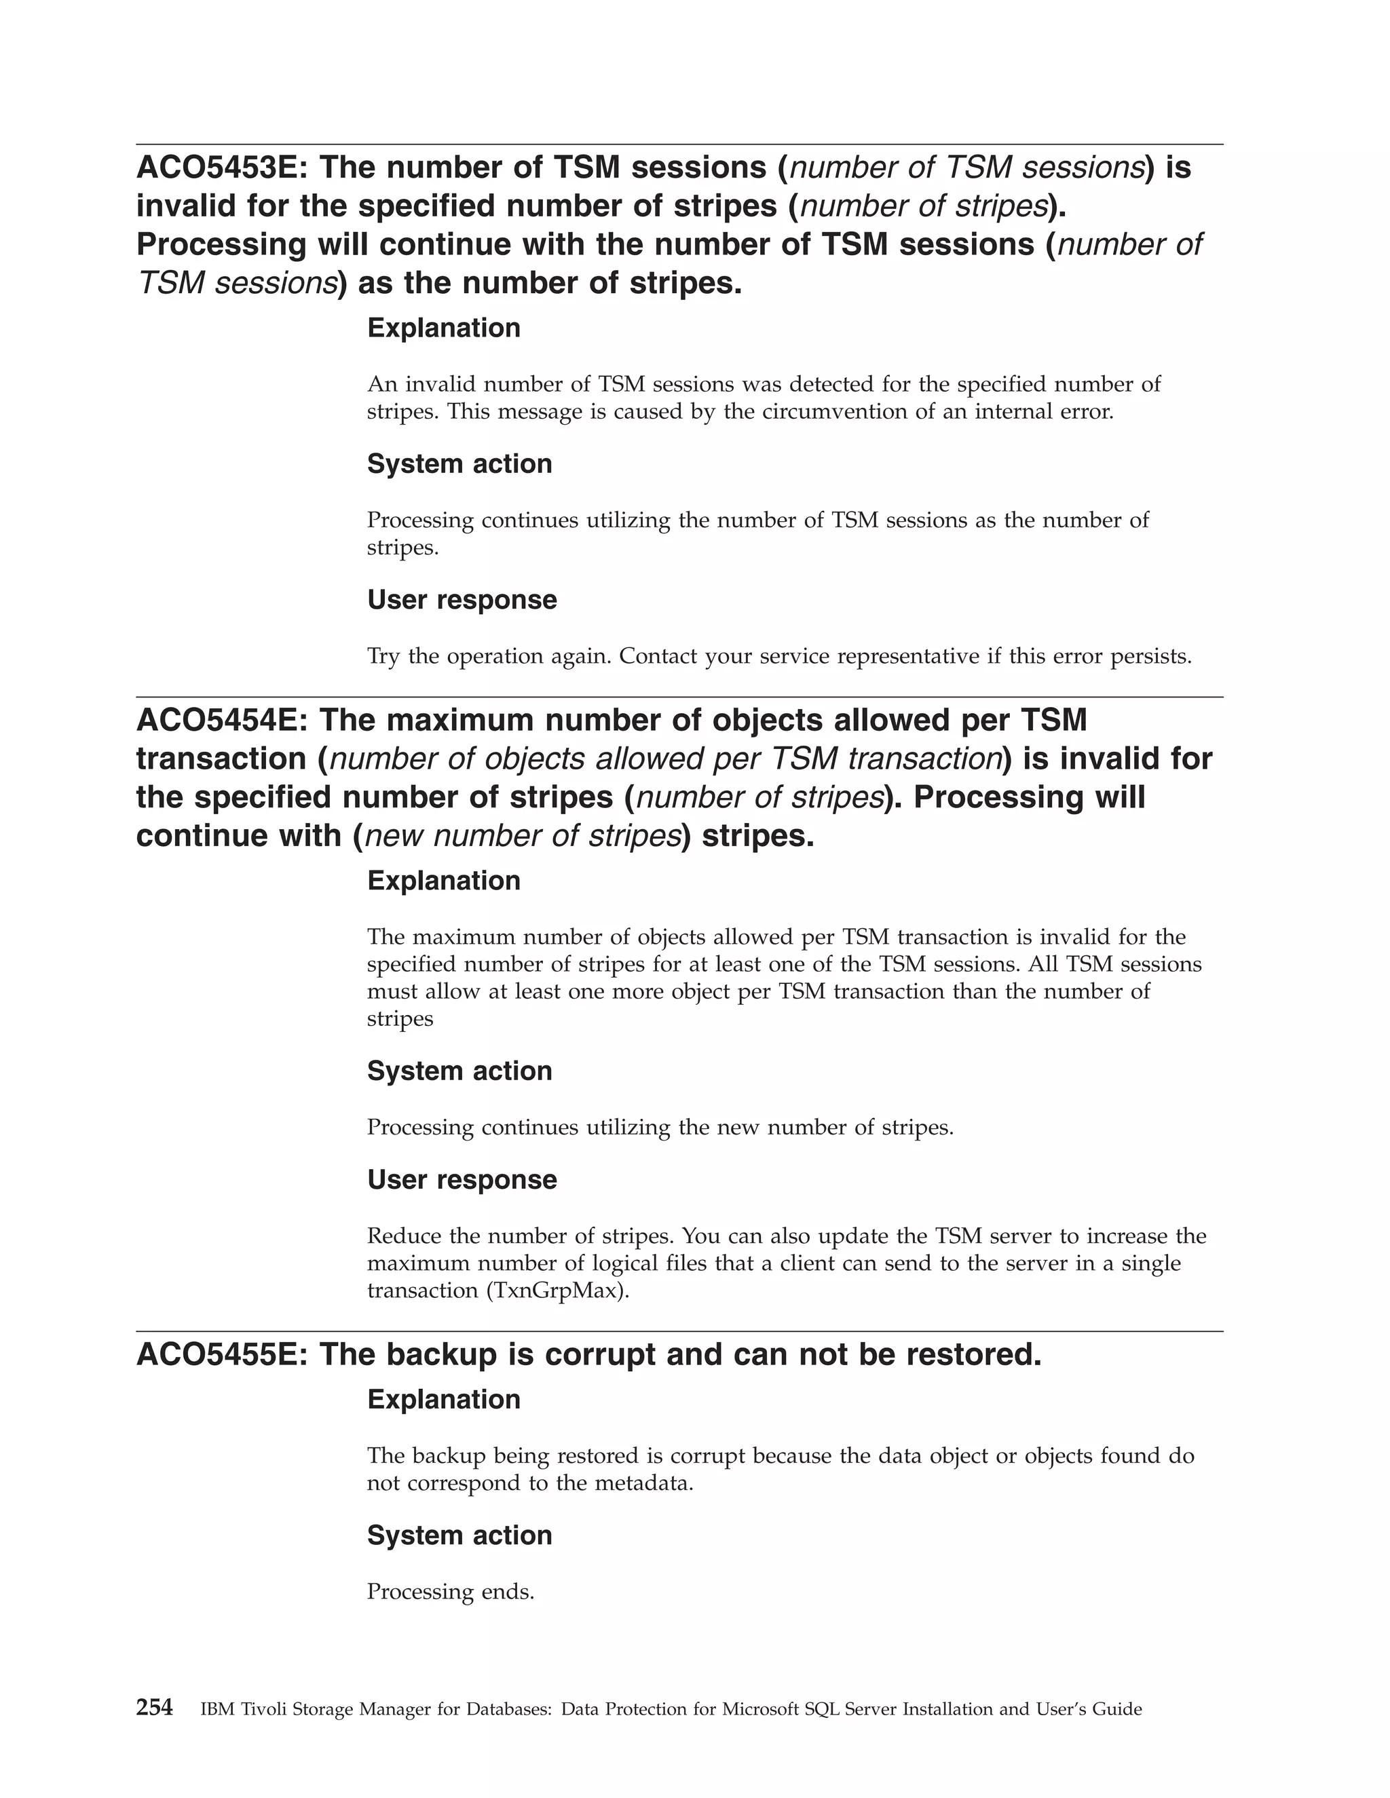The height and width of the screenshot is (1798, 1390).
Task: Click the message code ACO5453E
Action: (x=221, y=168)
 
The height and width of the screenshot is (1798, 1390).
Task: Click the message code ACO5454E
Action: (x=221, y=721)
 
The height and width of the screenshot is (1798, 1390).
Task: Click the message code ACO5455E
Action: (x=221, y=1355)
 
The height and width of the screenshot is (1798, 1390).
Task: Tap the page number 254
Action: (x=154, y=1708)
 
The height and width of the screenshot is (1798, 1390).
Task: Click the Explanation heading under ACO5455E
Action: (x=443, y=1400)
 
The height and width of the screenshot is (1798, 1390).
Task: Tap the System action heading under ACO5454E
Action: (x=459, y=1071)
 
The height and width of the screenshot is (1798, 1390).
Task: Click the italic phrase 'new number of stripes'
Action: (x=522, y=837)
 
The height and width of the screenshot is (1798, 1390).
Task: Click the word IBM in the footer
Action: (x=217, y=1710)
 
